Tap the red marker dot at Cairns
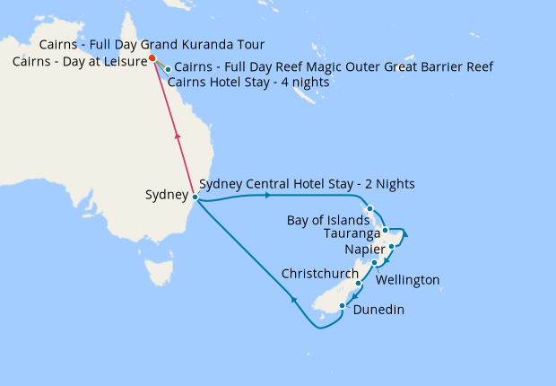(x=152, y=58)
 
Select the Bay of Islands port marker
(x=370, y=209)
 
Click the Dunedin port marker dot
(x=342, y=306)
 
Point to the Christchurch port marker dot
(x=359, y=283)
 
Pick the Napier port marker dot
(x=392, y=246)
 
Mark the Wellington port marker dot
(x=375, y=263)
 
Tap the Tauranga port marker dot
(x=386, y=231)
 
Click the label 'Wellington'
(x=408, y=280)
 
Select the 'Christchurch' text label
(x=320, y=272)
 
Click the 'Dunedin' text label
(x=378, y=310)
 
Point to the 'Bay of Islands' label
(x=327, y=220)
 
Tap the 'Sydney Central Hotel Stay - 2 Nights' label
(x=307, y=184)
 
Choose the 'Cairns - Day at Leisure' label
(x=79, y=61)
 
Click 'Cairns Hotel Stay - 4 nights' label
(x=248, y=83)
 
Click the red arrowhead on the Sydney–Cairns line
(x=178, y=136)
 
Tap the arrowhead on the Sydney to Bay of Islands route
(x=268, y=195)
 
